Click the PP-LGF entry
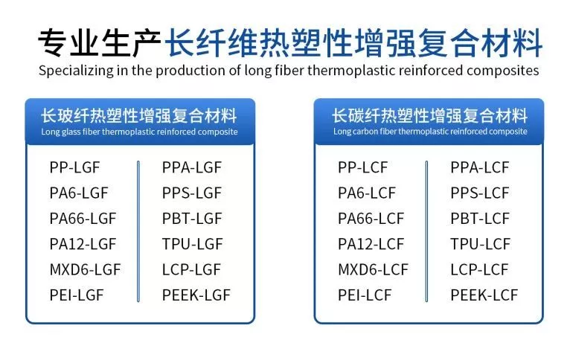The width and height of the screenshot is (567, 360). point(74,167)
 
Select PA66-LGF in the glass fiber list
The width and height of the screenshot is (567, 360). point(83,219)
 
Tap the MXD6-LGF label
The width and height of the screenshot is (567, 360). point(85,270)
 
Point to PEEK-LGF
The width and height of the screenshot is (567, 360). point(196,295)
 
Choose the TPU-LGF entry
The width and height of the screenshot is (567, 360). point(192,244)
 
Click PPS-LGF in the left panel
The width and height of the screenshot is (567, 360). point(192,193)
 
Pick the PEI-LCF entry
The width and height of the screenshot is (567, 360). point(365,295)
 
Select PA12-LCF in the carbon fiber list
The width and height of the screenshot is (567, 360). point(371,244)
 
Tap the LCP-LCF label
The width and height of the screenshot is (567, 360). point(479,270)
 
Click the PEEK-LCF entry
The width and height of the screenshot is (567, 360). point(484,295)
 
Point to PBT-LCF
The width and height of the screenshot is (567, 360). point(480,219)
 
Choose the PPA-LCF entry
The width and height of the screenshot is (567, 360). point(480,167)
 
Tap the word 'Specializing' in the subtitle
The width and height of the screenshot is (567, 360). point(76,71)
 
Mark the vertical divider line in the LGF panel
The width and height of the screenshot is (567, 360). point(138,231)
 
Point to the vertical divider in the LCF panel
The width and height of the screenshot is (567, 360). point(426,231)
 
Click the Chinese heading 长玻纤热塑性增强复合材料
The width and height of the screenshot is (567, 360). point(139,116)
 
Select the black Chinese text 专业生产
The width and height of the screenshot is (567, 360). point(100,43)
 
